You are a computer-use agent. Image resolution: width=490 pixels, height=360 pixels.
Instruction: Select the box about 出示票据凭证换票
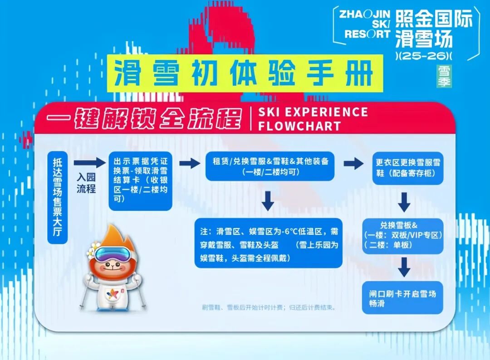(141, 181)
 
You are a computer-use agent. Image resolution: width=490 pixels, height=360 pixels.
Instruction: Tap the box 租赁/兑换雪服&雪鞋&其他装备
(270, 165)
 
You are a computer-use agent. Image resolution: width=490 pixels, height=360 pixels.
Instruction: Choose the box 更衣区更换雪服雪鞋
(408, 168)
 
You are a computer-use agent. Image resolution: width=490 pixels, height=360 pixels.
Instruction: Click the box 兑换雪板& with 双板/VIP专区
(403, 235)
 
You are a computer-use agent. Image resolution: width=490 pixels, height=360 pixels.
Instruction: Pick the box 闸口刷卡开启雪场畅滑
(402, 298)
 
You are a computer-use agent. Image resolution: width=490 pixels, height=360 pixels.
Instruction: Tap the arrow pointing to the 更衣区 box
(353, 163)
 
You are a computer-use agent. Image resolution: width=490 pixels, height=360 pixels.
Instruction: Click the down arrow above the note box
(268, 200)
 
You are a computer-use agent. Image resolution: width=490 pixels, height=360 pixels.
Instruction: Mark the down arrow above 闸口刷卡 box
(403, 267)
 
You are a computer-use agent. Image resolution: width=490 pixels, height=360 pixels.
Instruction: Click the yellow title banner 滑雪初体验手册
(243, 73)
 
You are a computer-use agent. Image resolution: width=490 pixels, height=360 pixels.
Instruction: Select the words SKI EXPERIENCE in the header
(313, 112)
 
